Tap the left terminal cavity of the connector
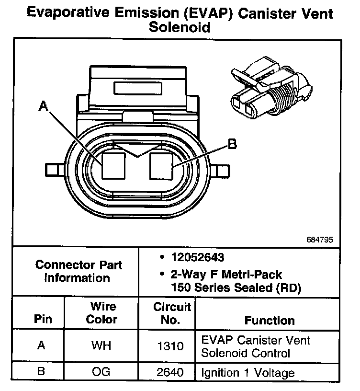tap(113, 165)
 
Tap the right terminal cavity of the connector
tap(160, 165)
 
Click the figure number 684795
tap(320, 239)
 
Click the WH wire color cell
tap(101, 346)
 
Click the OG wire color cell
tap(101, 372)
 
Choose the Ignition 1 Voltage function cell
tap(248, 372)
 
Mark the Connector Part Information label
tap(79, 271)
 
